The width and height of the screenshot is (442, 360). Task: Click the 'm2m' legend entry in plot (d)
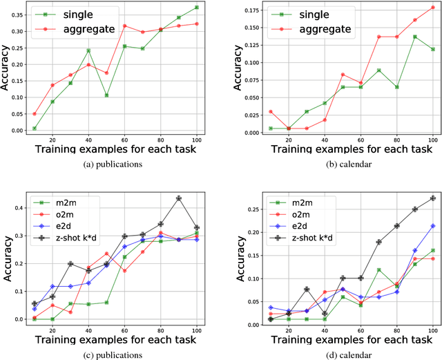pos(298,202)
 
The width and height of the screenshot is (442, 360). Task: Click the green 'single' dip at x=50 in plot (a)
pos(106,95)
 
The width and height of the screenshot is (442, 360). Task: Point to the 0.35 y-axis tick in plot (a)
pos(19,14)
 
